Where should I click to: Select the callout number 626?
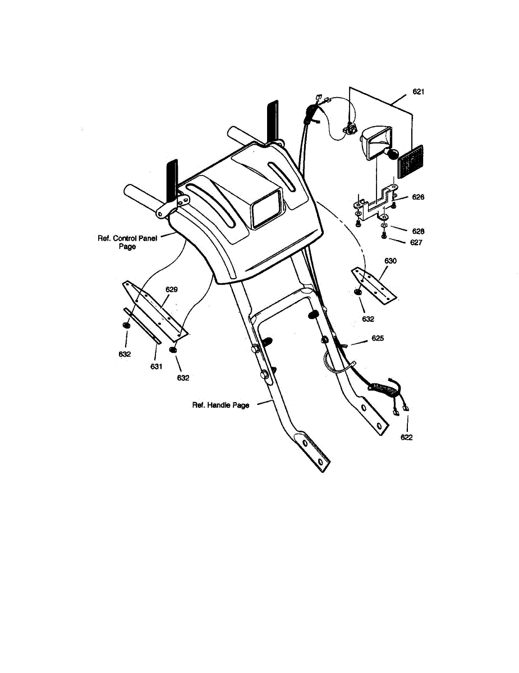tap(417, 197)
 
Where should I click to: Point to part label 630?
tap(391, 261)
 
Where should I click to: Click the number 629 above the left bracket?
tap(172, 289)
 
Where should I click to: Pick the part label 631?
tap(156, 367)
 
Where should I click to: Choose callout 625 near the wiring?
tap(377, 339)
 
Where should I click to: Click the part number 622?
tap(407, 437)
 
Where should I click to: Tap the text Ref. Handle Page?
tap(221, 405)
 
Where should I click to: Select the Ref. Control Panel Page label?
tap(127, 242)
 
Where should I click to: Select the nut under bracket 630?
tap(357, 293)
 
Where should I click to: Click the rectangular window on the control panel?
tap(267, 208)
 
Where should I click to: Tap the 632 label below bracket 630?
tap(368, 319)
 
